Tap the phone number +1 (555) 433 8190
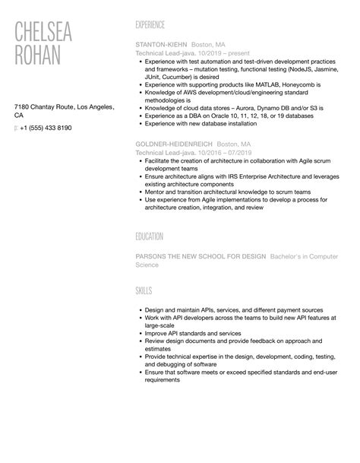point(46,128)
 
